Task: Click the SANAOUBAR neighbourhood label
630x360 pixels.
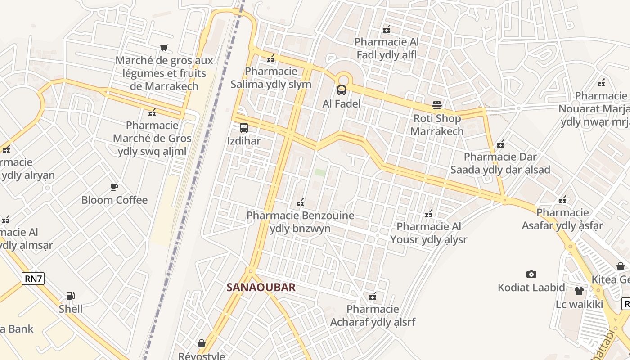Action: pos(261,287)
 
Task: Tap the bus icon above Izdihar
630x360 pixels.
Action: pos(243,128)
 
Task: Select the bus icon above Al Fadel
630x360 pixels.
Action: pos(342,90)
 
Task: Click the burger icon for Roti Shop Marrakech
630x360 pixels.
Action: pos(437,105)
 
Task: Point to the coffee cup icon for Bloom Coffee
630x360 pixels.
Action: pos(114,187)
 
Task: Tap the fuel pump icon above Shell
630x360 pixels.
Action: pos(70,296)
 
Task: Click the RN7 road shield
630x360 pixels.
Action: pos(33,279)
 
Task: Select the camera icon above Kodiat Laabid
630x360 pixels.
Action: pos(531,274)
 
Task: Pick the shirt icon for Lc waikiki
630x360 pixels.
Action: pos(579,291)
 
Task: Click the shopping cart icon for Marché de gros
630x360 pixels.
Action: pos(164,47)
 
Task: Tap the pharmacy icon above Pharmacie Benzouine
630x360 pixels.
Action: pos(300,202)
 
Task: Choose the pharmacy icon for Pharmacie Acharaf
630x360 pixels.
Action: pos(373,296)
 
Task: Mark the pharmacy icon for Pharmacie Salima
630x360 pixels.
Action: pos(271,58)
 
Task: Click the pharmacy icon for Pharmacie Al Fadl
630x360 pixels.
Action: pos(387,30)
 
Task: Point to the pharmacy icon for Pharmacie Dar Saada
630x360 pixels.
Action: pos(500,144)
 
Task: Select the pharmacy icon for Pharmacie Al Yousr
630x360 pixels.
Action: pos(429,213)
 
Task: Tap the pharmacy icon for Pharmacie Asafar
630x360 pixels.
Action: pos(562,199)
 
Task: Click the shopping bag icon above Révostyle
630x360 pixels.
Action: pos(202,343)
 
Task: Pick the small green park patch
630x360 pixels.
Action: pos(320,172)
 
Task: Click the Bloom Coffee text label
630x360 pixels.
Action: pos(114,200)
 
